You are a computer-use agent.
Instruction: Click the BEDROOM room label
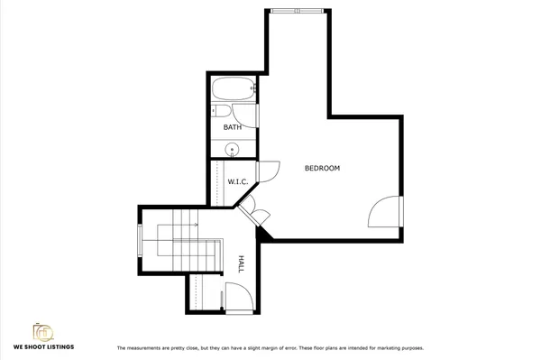click(322, 169)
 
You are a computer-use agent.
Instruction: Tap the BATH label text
click(233, 127)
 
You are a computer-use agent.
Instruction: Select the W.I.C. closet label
click(238, 181)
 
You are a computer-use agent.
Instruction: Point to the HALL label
click(241, 263)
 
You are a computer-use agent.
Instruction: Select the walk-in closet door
click(266, 171)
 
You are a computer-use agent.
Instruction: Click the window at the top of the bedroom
click(294, 11)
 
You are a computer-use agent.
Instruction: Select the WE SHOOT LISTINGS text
click(43, 347)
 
